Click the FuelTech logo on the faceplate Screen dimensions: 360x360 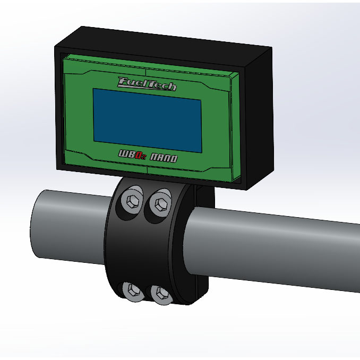tap(147, 83)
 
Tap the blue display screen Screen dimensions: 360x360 tap(148, 119)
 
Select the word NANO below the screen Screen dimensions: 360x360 tap(164, 158)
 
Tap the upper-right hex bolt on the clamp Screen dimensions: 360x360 tap(160, 203)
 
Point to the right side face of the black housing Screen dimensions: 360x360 tap(259, 117)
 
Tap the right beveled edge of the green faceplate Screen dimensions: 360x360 tap(234, 127)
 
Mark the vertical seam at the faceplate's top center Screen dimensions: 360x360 tap(145, 69)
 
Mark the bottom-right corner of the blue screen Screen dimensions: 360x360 tap(201, 152)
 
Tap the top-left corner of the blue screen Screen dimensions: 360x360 tap(94, 89)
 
